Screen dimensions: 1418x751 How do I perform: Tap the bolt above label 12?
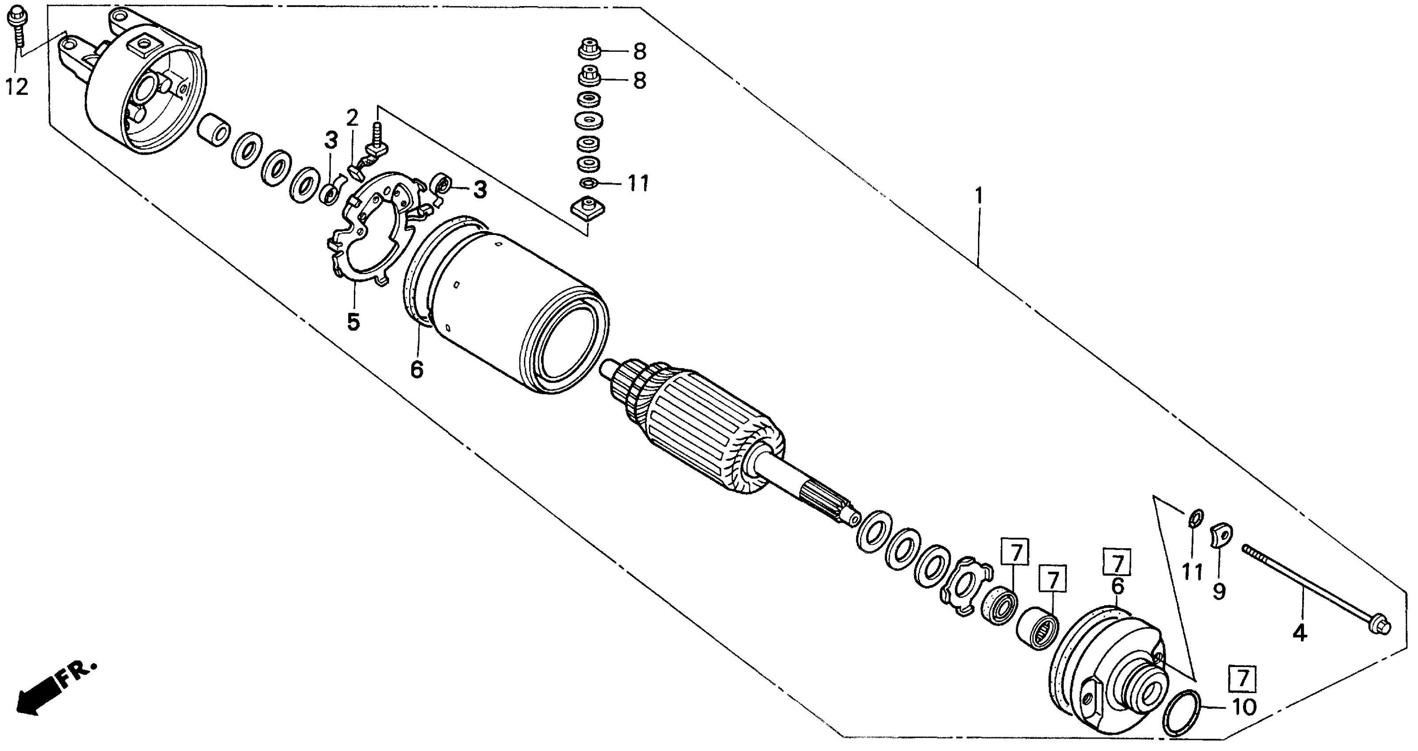click(x=17, y=25)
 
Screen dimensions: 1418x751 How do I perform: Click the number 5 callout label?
click(x=353, y=322)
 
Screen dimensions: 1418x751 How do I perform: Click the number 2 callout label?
click(x=353, y=117)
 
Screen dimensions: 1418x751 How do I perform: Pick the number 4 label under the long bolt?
click(x=1300, y=634)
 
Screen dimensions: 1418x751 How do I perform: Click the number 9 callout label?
click(x=1219, y=592)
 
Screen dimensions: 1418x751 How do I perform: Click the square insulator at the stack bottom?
click(x=588, y=210)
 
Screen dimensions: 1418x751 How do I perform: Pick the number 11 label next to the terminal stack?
click(x=638, y=183)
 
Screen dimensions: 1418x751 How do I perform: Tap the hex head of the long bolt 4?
click(x=1380, y=626)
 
